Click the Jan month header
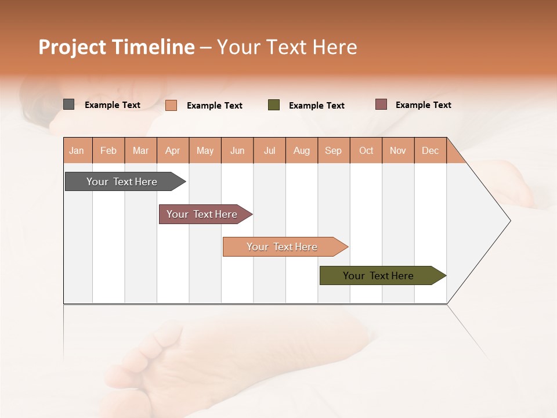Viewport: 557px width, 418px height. [77, 150]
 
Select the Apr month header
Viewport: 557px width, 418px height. [172, 150]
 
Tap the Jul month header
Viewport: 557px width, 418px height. [269, 150]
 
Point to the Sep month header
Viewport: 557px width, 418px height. [333, 150]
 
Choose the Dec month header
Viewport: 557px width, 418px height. [430, 150]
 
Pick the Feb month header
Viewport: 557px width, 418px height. [108, 150]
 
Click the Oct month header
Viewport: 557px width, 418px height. [366, 150]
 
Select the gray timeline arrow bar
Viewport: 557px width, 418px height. [122, 182]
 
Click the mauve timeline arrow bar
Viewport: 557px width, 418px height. [202, 214]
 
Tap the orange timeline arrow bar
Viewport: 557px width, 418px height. [282, 247]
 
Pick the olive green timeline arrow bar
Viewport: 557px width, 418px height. [378, 276]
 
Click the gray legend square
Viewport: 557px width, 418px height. [68, 105]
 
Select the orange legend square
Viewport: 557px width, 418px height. [171, 105]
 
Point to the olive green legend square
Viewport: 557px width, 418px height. [274, 105]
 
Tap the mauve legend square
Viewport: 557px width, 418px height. [381, 105]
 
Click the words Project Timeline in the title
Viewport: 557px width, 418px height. [117, 47]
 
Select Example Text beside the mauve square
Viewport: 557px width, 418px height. [423, 105]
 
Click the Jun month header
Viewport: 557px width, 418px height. [237, 150]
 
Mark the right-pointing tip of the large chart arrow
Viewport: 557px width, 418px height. [509, 221]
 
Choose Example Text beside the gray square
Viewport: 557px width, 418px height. [113, 105]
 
